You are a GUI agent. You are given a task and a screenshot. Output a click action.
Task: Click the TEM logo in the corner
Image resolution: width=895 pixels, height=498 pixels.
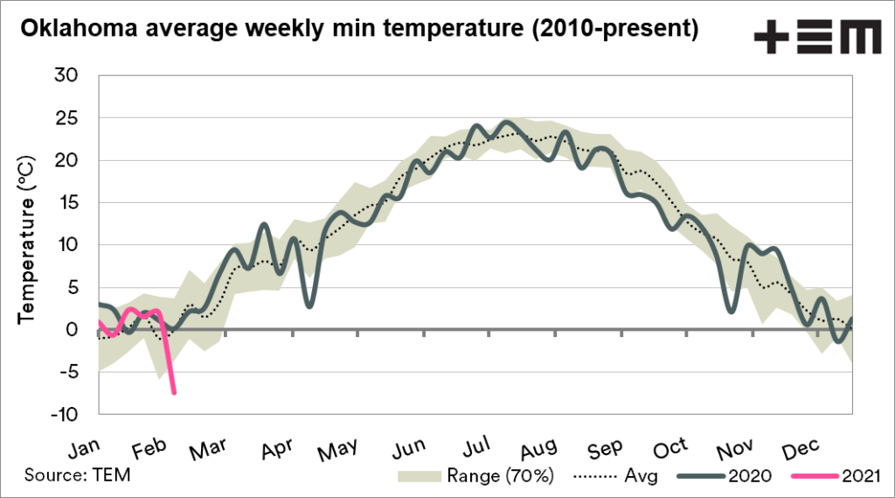click(x=816, y=39)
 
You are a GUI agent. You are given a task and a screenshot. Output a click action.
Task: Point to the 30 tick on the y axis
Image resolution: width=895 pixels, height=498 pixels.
click(x=68, y=76)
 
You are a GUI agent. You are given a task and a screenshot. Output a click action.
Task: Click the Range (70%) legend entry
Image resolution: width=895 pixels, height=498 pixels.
click(x=476, y=476)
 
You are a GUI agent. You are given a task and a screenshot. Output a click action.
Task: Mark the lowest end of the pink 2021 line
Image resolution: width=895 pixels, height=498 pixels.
click(x=174, y=393)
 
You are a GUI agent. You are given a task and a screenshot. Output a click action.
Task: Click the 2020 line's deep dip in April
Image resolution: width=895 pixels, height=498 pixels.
click(x=309, y=305)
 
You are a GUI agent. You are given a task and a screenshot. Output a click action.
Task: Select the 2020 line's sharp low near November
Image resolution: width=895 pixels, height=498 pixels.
click(x=731, y=311)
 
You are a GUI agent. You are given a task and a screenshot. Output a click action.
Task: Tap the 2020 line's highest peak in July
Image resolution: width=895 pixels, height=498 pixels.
click(x=506, y=122)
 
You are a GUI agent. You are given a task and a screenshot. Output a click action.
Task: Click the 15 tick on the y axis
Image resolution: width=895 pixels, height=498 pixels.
click(x=68, y=203)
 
